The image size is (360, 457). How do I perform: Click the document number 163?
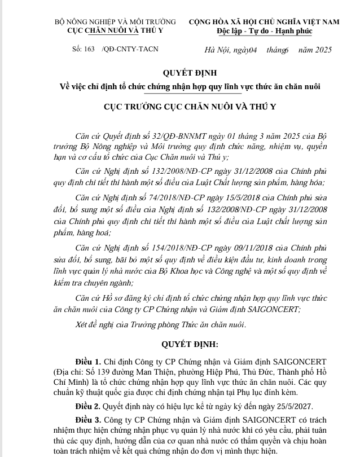[x=88, y=50]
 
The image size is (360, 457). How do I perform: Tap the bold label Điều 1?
[x=87, y=361]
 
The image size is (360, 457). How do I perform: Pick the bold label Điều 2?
[x=87, y=406]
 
